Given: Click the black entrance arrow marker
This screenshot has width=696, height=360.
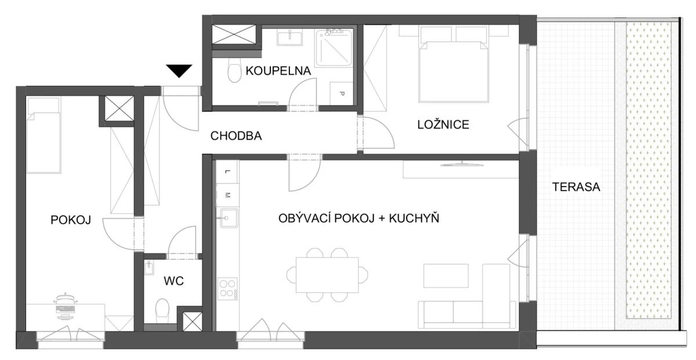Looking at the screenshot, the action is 179,71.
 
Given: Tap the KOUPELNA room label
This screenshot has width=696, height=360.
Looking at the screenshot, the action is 278,71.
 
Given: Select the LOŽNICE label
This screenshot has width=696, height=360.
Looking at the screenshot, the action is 443,125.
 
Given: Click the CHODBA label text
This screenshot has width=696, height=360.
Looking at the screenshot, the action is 236,136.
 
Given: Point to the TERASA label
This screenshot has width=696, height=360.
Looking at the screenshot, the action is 576,187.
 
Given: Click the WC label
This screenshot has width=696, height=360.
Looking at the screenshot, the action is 173,281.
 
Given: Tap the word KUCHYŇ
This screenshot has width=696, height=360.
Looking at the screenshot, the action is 414,218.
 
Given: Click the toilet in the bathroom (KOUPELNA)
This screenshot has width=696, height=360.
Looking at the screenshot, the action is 234,70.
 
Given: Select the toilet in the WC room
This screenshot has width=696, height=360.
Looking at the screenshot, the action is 162,311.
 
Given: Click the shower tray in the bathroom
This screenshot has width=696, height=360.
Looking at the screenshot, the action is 333,48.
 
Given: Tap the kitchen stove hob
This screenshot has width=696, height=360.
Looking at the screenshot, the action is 228,289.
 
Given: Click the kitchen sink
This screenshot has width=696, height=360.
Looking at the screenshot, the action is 229,218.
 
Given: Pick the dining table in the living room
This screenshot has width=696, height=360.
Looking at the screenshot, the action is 327,275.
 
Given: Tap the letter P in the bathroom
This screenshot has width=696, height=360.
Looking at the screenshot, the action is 342,93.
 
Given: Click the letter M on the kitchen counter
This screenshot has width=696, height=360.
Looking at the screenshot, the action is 227,195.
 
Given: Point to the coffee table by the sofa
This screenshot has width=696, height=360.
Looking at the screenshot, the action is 446,276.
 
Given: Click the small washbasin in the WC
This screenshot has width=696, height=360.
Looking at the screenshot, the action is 149,267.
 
